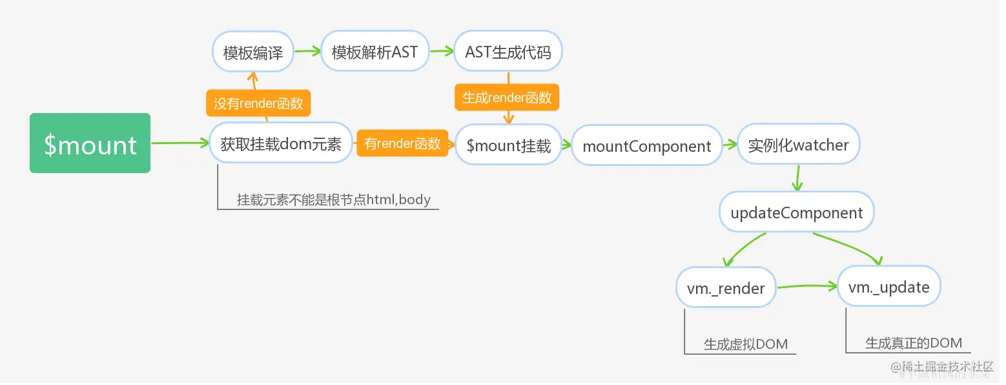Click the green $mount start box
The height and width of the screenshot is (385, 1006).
[90, 143]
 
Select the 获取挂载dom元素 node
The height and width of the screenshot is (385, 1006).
[281, 144]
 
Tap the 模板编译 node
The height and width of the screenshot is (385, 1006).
[253, 52]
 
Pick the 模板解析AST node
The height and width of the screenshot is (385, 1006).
[375, 52]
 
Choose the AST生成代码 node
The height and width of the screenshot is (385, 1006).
[508, 52]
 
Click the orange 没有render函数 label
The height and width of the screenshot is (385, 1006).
[258, 103]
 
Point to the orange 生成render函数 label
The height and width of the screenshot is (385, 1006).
[507, 98]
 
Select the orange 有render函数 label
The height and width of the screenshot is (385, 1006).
[402, 143]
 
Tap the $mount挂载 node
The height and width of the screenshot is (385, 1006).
[508, 145]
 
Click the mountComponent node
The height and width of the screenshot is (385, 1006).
[646, 146]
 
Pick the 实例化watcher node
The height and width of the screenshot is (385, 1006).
[798, 145]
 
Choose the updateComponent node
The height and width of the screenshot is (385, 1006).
[797, 213]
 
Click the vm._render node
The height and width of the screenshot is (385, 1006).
[726, 288]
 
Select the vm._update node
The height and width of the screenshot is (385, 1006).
[888, 287]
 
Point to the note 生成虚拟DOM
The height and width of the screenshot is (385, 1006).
[745, 344]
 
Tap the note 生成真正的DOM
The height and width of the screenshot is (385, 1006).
[913, 343]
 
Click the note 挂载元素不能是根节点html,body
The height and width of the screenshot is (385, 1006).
[333, 200]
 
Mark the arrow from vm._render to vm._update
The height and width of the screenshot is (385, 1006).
[806, 286]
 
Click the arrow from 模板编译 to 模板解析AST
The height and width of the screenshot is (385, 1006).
[307, 52]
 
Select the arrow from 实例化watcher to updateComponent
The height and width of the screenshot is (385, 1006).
[798, 178]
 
